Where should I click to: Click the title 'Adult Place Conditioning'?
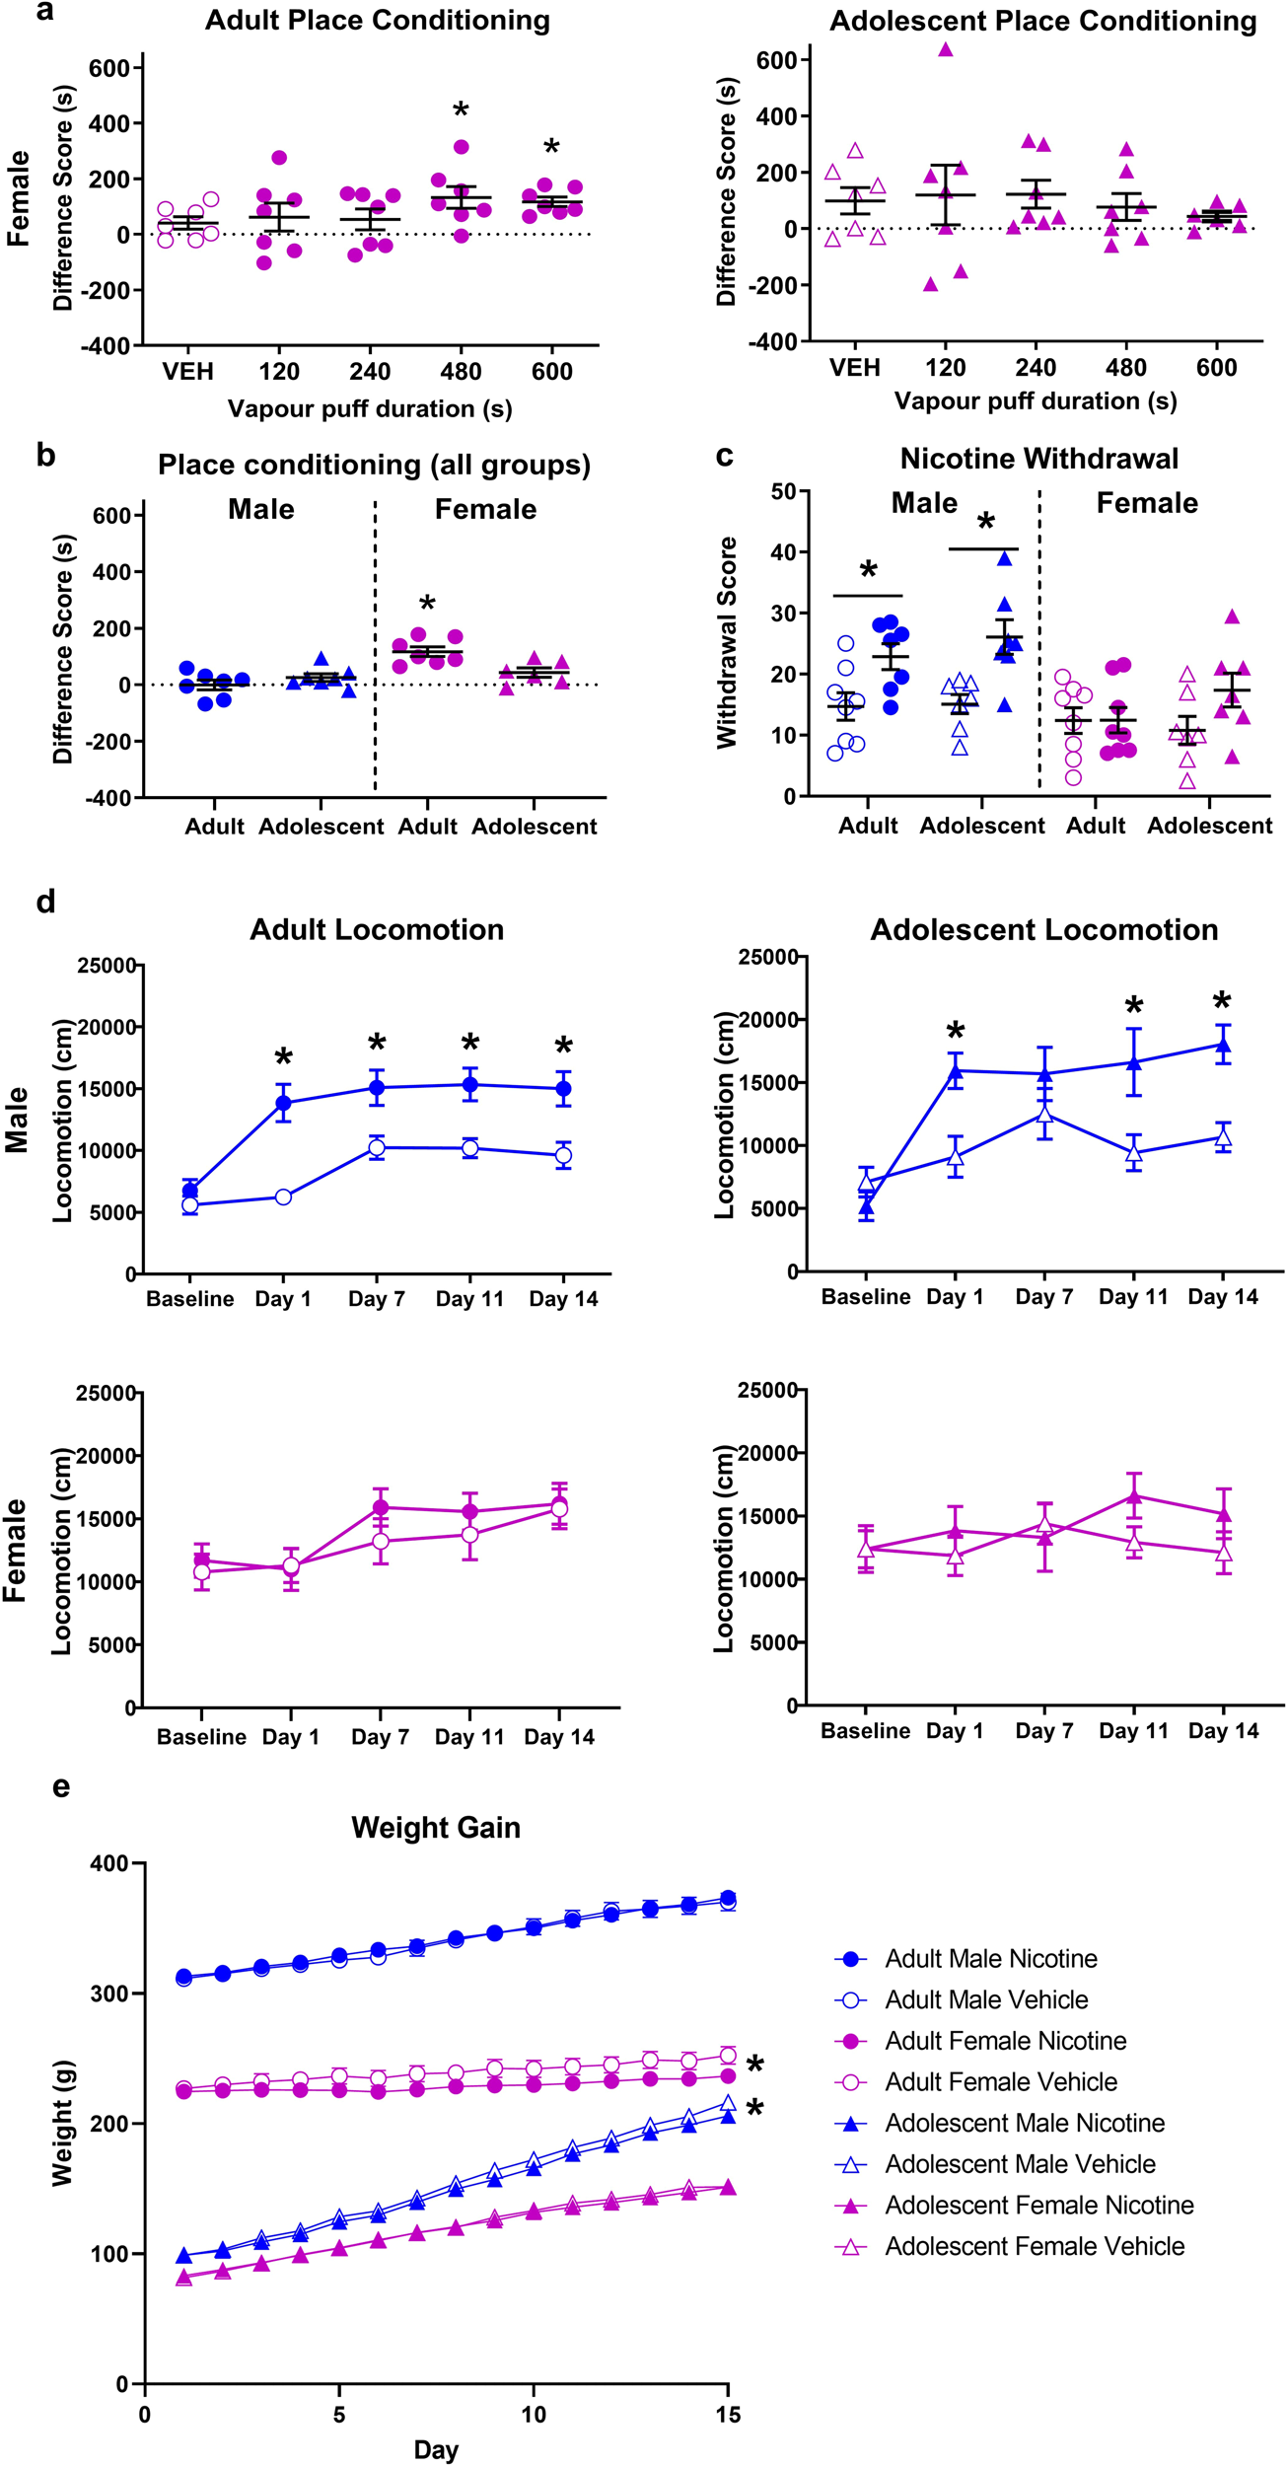378,21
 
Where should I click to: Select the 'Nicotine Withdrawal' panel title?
1038,459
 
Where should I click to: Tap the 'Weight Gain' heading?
436,1828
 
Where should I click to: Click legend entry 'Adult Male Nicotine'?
990,1958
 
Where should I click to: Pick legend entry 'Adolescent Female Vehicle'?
1035,2246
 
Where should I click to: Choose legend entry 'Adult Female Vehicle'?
1001,2081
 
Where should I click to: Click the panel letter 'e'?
61,1786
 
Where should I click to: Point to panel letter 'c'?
725,456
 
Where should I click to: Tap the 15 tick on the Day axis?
728,2416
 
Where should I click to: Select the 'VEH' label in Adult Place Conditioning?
188,372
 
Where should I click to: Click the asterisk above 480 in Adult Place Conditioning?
461,109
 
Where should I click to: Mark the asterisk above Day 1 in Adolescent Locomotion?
955,1033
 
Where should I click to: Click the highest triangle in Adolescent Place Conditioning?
946,49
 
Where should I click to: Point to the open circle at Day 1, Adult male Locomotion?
283,1197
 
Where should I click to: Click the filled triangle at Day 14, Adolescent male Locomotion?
1223,1046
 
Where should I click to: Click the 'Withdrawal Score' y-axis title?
728,642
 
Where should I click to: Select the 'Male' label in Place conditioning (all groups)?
260,509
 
